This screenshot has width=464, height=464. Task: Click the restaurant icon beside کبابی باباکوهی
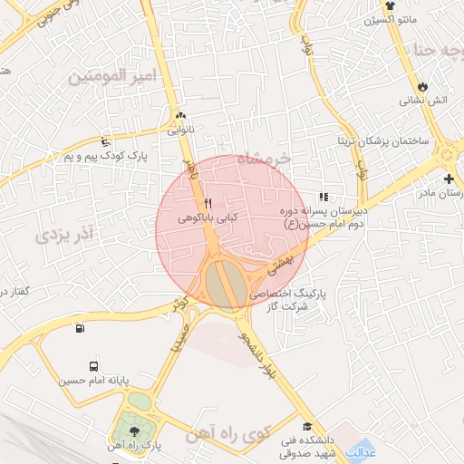click(x=208, y=204)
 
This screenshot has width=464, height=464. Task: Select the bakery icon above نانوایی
click(x=180, y=116)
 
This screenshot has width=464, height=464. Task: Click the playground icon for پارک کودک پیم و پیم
click(x=107, y=141)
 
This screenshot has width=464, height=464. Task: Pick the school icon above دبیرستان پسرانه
click(x=323, y=197)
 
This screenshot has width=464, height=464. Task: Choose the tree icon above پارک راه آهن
click(x=135, y=431)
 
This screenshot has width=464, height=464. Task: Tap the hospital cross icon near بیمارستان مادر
click(x=449, y=179)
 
